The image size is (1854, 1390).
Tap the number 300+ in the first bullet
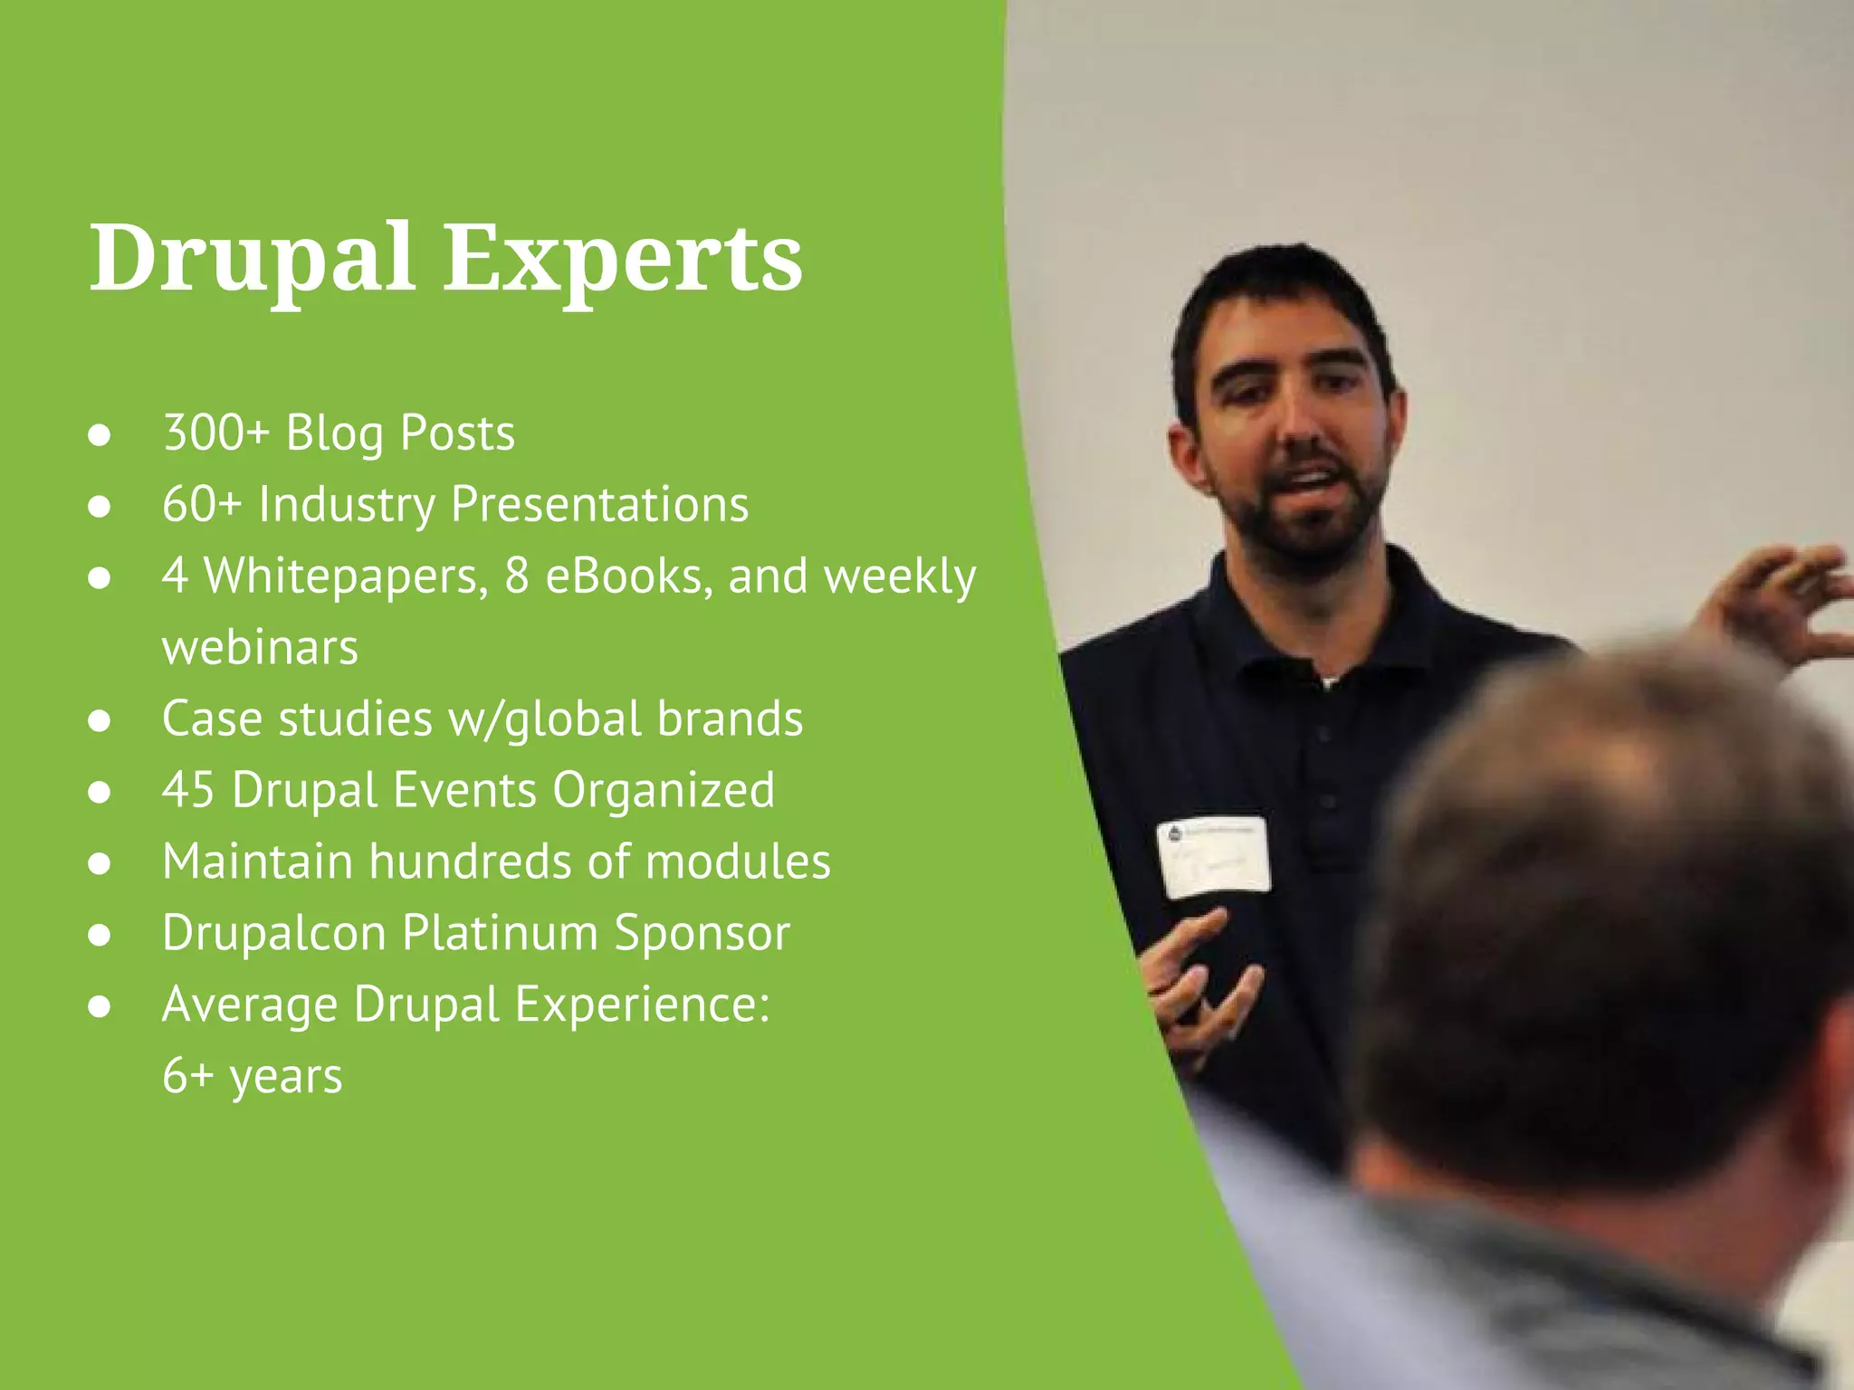pos(215,433)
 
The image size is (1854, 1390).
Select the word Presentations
pos(599,504)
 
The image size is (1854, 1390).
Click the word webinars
pos(260,647)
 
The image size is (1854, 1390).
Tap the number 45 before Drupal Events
pos(187,789)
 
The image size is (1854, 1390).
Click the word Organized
pos(664,789)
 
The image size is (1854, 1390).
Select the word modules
pos(738,861)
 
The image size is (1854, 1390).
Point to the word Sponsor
pos(702,932)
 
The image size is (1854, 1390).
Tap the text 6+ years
pos(252,1076)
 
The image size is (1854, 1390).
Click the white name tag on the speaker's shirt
pos(1214,856)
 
